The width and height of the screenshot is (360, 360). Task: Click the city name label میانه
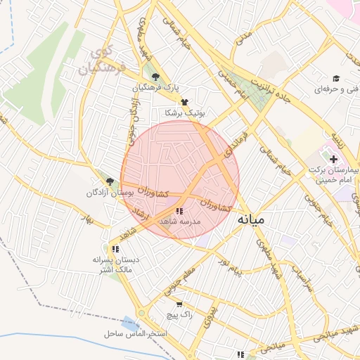tap(252, 219)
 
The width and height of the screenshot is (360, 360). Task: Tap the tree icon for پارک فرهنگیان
tap(155, 78)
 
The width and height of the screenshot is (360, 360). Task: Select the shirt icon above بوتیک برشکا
tap(184, 102)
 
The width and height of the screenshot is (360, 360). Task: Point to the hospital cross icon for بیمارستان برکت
tap(333, 160)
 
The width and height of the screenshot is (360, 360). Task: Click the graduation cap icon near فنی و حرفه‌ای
tap(337, 79)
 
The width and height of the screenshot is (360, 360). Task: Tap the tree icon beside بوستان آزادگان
tap(109, 182)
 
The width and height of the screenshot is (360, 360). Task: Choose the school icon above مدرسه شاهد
tap(179, 211)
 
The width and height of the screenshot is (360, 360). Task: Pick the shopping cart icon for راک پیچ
tap(179, 305)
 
